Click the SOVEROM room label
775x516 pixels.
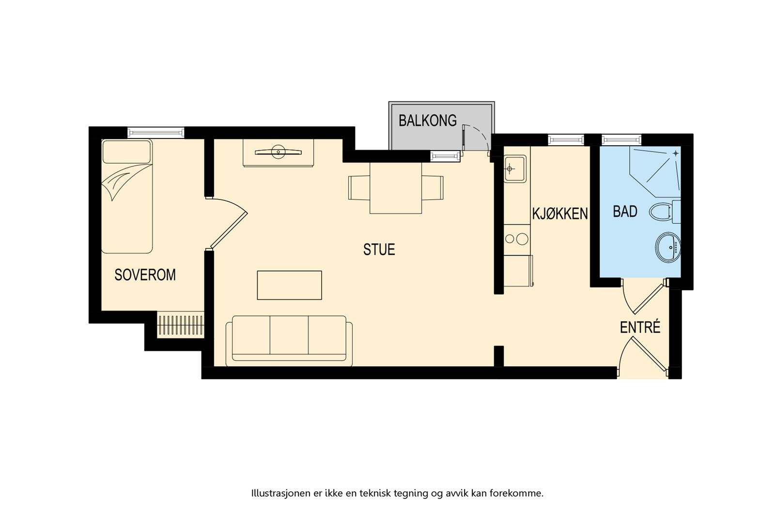click(x=145, y=275)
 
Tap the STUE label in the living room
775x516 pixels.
click(x=379, y=250)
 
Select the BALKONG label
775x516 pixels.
click(x=428, y=121)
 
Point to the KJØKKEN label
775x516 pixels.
click(x=560, y=214)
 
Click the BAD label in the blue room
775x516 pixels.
click(x=625, y=212)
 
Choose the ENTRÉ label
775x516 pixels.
click(x=640, y=327)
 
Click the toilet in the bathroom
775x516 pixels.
click(x=664, y=212)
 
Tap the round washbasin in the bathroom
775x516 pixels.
click(x=668, y=247)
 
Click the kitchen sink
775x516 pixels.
click(x=515, y=169)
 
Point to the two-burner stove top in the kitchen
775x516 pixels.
click(x=517, y=239)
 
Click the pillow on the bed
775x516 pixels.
click(x=127, y=152)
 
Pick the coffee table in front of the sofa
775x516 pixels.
click(x=289, y=285)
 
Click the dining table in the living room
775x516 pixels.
click(x=395, y=188)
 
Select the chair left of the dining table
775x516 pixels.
click(x=359, y=188)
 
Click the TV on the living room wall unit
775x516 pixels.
click(x=278, y=152)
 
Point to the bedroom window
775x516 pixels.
click(x=155, y=133)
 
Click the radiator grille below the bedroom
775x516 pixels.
click(x=180, y=325)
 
